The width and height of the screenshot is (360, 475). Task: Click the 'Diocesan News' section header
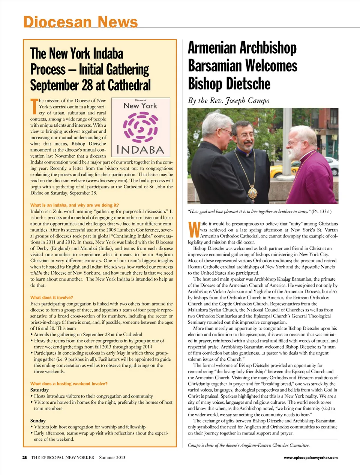pyautogui.click(x=80, y=22)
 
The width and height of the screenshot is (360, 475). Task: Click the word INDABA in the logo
pyautogui.click(x=141, y=150)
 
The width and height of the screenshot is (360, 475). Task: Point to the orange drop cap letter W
pyautogui.click(x=193, y=230)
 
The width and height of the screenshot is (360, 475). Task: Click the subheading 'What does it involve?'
pyautogui.click(x=52, y=298)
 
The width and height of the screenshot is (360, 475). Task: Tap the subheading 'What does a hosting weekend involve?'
pyautogui.click(x=69, y=384)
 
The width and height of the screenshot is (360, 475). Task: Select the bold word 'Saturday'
pyautogui.click(x=39, y=390)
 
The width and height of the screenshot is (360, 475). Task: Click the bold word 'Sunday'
pyautogui.click(x=38, y=421)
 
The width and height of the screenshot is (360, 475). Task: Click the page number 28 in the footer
pyautogui.click(x=25, y=457)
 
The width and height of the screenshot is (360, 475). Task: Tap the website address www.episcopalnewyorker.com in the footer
pyautogui.click(x=310, y=457)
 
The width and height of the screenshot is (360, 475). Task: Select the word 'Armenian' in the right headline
pyautogui.click(x=212, y=48)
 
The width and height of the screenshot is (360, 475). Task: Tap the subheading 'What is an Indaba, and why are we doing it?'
pyautogui.click(x=75, y=205)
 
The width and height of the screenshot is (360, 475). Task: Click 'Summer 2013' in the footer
pyautogui.click(x=112, y=457)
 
